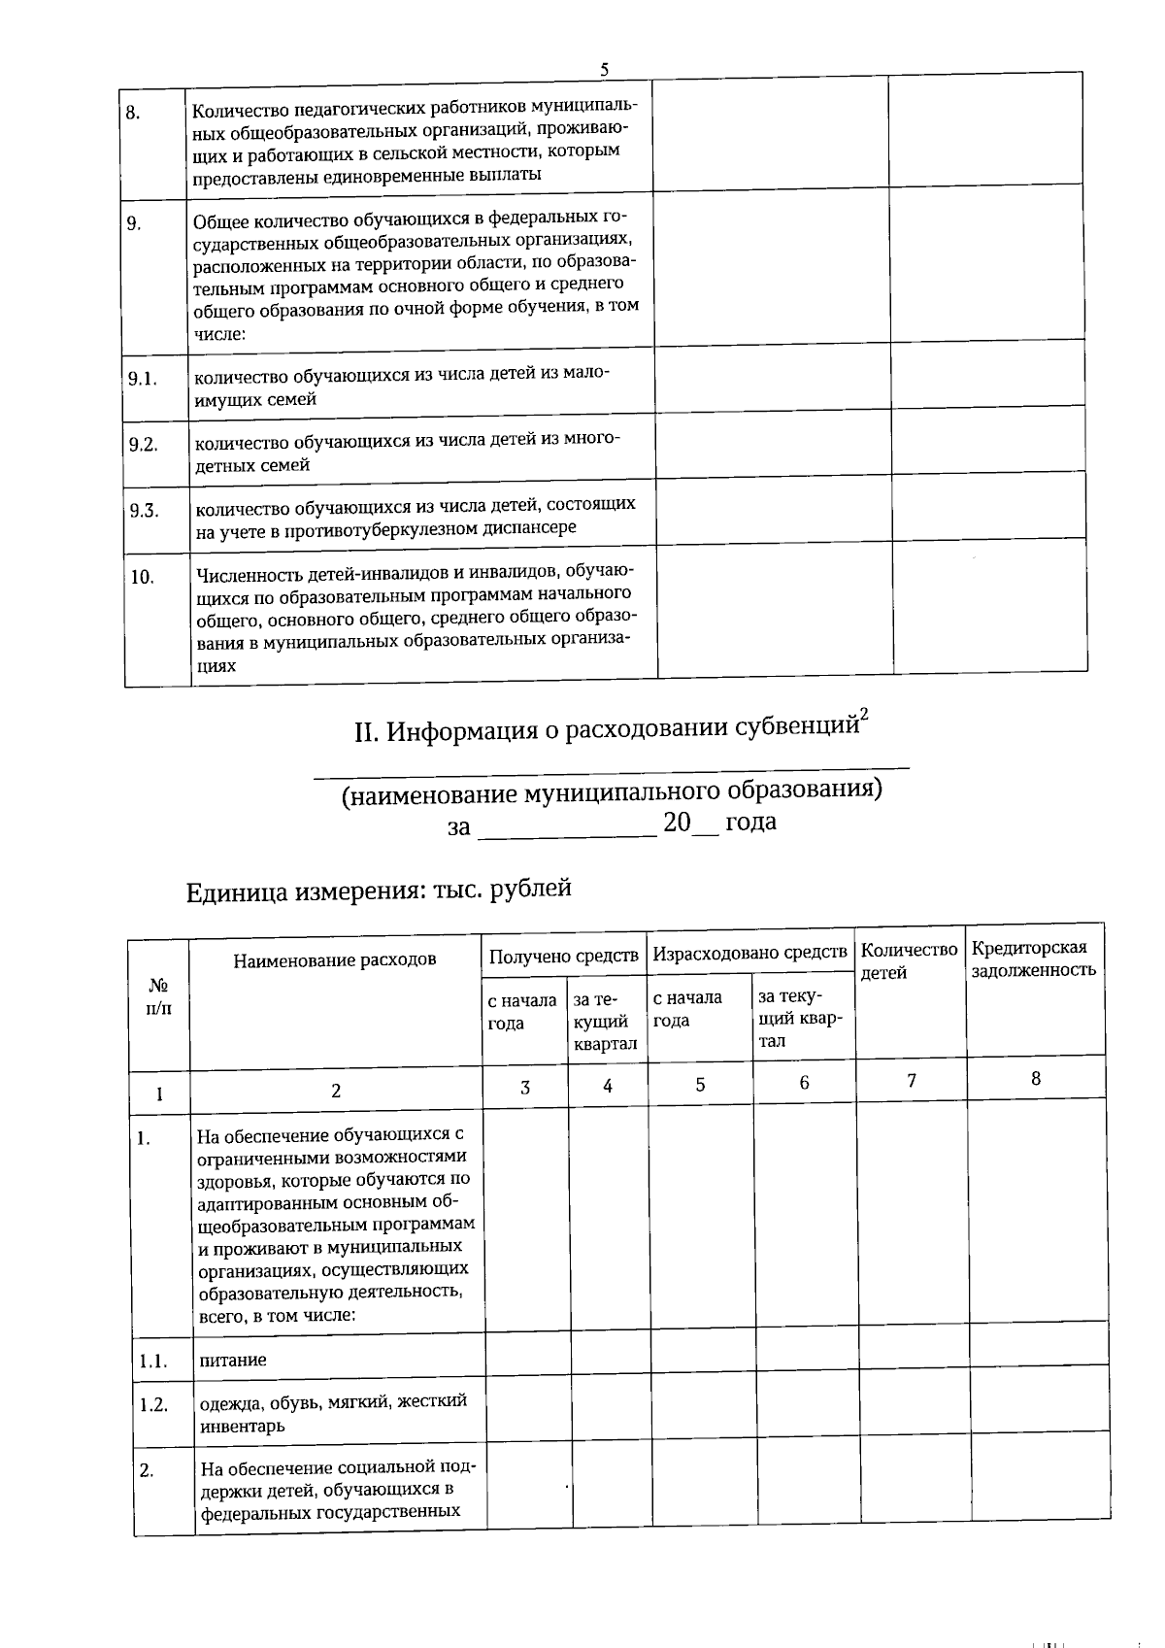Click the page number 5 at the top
[x=605, y=69]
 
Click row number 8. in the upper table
[x=134, y=112]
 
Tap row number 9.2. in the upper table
[x=143, y=445]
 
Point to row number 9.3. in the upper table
[x=144, y=511]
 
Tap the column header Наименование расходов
[x=334, y=959]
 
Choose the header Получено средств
[x=564, y=956]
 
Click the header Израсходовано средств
[x=749, y=954]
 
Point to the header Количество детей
[x=909, y=960]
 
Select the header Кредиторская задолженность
[x=1033, y=958]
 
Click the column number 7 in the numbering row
[x=912, y=1079]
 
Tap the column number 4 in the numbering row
[x=607, y=1086]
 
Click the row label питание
[x=232, y=1360]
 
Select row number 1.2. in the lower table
[x=153, y=1404]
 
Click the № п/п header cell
[x=158, y=996]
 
